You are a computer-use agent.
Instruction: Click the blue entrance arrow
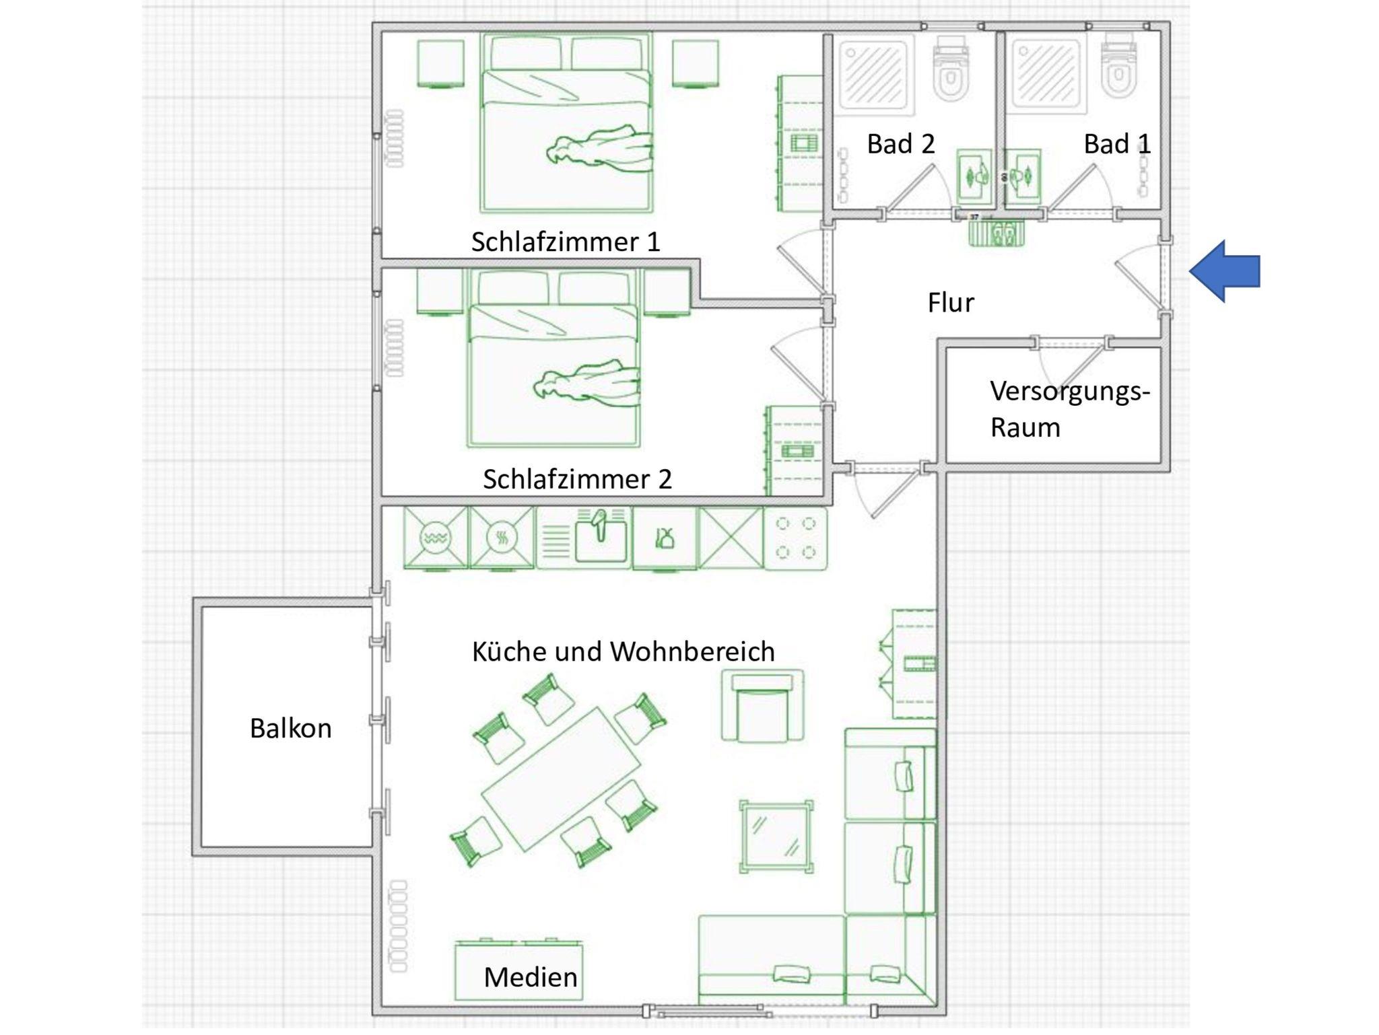coord(1224,271)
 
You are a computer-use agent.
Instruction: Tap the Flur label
coord(950,303)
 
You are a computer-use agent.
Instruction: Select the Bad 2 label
coord(901,144)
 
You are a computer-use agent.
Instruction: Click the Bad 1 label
coord(1117,144)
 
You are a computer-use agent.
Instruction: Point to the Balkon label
coord(290,728)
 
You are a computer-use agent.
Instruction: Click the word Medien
coord(531,977)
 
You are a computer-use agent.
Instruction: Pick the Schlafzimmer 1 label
coord(566,242)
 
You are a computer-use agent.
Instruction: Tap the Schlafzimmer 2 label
coord(577,479)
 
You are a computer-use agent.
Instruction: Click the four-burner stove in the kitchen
coord(795,538)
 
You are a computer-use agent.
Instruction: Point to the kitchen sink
coord(600,538)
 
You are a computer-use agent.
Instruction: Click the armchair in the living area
coord(763,705)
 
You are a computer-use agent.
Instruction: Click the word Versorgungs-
coord(1070,392)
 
